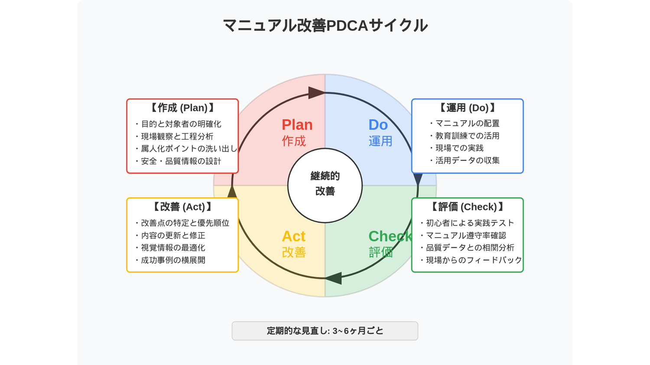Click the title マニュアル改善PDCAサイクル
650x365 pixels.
point(325,26)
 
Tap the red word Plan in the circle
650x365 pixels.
point(297,125)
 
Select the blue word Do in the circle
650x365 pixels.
point(378,125)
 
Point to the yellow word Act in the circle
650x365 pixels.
point(294,236)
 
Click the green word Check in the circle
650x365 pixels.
point(390,236)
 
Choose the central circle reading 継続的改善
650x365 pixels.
point(325,186)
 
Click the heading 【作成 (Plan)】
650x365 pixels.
point(182,108)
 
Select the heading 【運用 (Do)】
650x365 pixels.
point(468,108)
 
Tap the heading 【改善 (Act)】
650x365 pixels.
point(182,207)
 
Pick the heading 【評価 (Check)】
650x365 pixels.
point(468,207)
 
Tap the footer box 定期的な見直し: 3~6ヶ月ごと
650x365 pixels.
point(325,331)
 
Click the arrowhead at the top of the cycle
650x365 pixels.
point(316,93)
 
